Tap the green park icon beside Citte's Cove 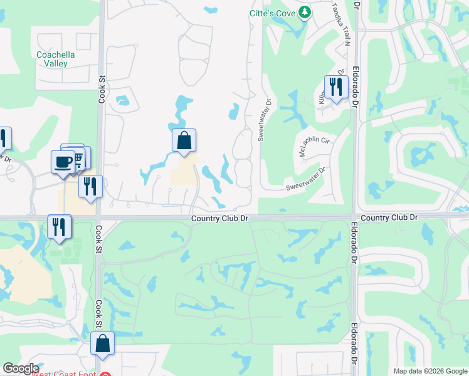[x=305, y=12]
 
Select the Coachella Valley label [x=56, y=59]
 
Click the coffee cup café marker [x=63, y=162]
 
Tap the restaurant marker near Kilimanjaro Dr [x=336, y=88]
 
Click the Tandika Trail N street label [x=340, y=23]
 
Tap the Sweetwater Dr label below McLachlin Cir [x=306, y=179]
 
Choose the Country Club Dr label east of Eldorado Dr [x=389, y=217]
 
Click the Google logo [x=21, y=368]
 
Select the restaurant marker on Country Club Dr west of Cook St [x=59, y=227]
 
